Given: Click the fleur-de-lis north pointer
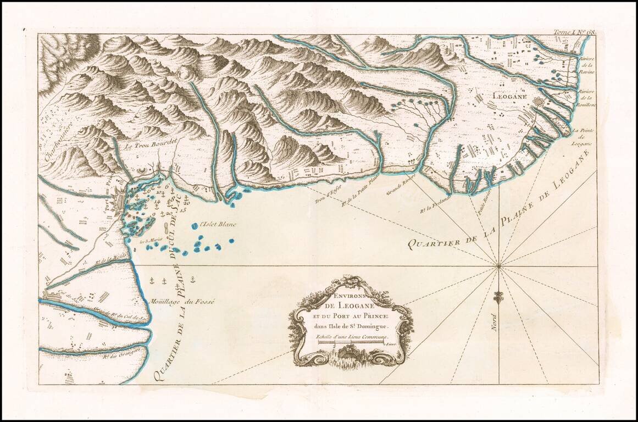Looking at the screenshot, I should pos(498,297).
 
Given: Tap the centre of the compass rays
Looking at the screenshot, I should pos(499,266).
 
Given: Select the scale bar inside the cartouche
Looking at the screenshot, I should pos(350,343).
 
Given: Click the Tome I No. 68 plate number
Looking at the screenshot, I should pos(575,33).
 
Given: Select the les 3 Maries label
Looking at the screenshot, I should pos(150,240).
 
